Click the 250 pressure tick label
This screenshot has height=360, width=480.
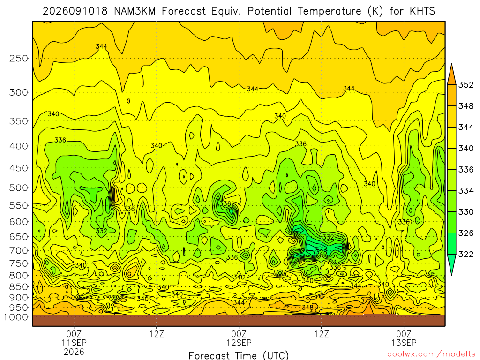[x=19, y=58]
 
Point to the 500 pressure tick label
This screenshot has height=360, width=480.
[x=19, y=187]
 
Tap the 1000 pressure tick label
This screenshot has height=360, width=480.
[x=16, y=317]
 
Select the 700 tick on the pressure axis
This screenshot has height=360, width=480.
[x=19, y=250]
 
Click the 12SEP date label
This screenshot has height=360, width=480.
[x=239, y=343]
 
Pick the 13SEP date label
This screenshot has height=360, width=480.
[x=404, y=343]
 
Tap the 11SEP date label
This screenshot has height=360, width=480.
[x=74, y=343]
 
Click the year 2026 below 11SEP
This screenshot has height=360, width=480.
[x=74, y=352]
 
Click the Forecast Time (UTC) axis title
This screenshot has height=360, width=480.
[x=239, y=355]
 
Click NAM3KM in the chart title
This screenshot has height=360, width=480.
[x=135, y=11]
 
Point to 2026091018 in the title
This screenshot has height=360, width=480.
[x=75, y=11]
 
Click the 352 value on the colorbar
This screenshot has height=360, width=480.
[x=466, y=85]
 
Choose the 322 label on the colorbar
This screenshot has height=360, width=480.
[x=466, y=254]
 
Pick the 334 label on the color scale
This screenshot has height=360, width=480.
[x=466, y=191]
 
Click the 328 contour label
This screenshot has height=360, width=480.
[x=321, y=252]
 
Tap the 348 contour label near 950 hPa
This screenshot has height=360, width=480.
[x=307, y=307]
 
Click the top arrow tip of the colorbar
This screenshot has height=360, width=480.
[x=451, y=64]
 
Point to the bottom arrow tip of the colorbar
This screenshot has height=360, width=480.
[x=451, y=275]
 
